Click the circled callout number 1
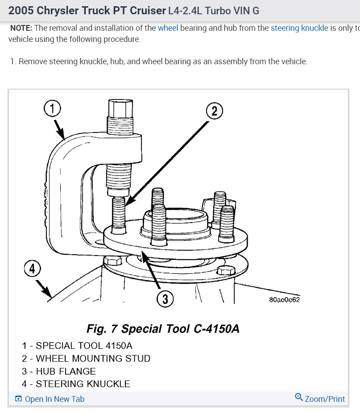click(x=52, y=108)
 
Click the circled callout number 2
click(x=214, y=111)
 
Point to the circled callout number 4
click(x=32, y=268)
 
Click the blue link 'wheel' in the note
click(x=168, y=28)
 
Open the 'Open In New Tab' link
click(x=54, y=399)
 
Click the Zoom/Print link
click(x=325, y=399)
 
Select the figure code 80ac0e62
click(x=284, y=300)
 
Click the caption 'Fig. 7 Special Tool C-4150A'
click(x=163, y=329)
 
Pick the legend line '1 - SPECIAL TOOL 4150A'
click(x=77, y=346)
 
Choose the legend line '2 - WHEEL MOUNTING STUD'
click(x=86, y=359)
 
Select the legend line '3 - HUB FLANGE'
click(x=58, y=371)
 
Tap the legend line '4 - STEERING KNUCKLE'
click(x=76, y=384)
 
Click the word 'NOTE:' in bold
click(x=21, y=28)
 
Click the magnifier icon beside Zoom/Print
click(x=299, y=397)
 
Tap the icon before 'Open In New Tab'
click(x=18, y=399)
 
